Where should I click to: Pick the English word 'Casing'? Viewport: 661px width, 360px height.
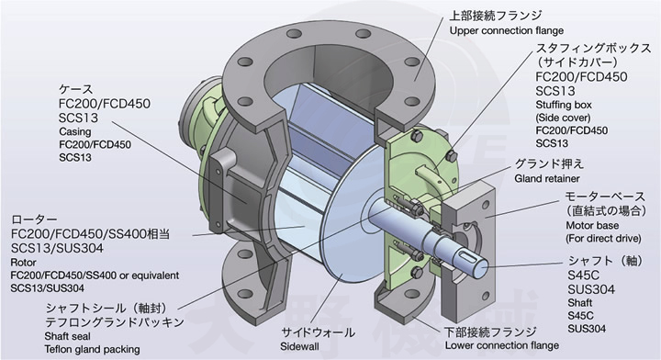[75, 131]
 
